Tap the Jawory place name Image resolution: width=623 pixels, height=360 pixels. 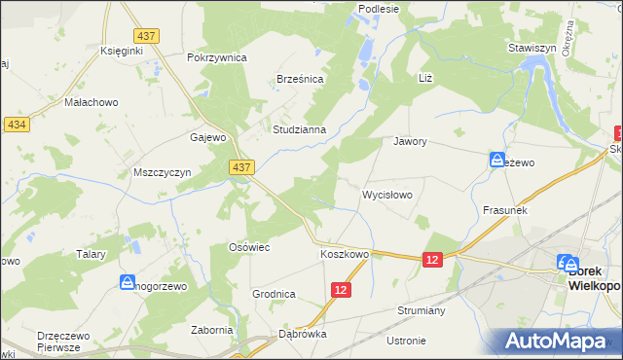tap(411, 141)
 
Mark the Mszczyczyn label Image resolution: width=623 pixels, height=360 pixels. tap(160, 172)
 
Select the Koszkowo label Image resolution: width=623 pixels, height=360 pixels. tap(345, 255)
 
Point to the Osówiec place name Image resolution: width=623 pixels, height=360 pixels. tap(248, 248)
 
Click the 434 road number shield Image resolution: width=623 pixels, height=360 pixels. tap(16, 125)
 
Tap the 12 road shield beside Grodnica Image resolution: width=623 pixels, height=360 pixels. tap(340, 291)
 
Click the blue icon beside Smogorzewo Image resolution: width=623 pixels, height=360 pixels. tap(127, 283)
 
